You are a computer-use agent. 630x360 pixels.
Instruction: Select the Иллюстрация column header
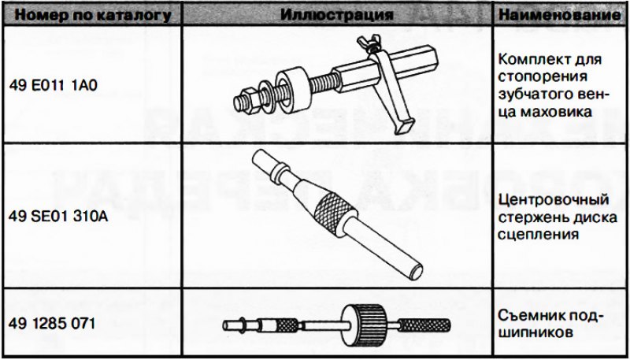tap(336, 14)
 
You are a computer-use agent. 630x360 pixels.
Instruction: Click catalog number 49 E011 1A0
tap(53, 86)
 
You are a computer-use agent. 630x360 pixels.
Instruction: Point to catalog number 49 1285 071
tap(52, 323)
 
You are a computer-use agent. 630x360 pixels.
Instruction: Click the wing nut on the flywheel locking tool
tap(369, 43)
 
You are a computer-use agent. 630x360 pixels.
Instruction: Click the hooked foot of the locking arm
tap(403, 126)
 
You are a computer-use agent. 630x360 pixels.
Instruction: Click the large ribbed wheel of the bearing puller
tap(364, 325)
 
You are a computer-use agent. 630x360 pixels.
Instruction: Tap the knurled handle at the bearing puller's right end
tap(424, 325)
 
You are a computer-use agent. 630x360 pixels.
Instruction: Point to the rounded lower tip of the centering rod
tap(415, 271)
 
